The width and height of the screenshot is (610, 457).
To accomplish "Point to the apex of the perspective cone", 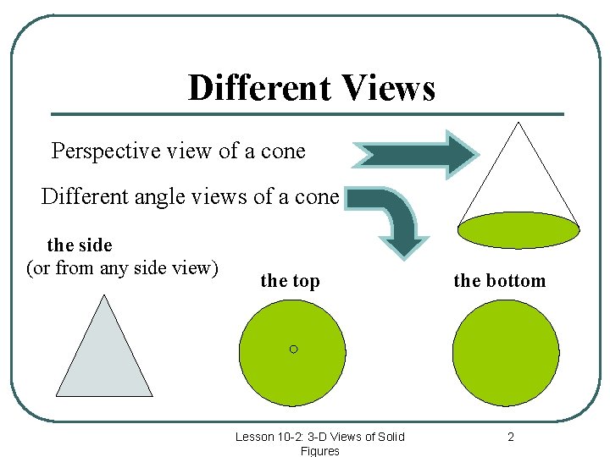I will click(517, 124).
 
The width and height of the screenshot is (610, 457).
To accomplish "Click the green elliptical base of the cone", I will click(518, 229).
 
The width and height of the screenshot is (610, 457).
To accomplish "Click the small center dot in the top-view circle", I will click(293, 349).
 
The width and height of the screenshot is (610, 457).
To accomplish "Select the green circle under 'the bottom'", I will click(506, 352).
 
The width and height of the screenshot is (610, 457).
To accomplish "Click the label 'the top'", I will click(290, 281).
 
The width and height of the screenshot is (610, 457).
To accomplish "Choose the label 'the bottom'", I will click(500, 281).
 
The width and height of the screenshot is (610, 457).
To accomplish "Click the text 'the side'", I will click(80, 245).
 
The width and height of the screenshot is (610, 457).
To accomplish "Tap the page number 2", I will click(511, 437).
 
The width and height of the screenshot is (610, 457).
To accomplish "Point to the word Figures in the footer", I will click(319, 451).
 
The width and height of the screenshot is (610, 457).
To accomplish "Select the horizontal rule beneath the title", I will click(307, 114).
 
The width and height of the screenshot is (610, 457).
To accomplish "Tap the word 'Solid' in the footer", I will click(390, 437).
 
